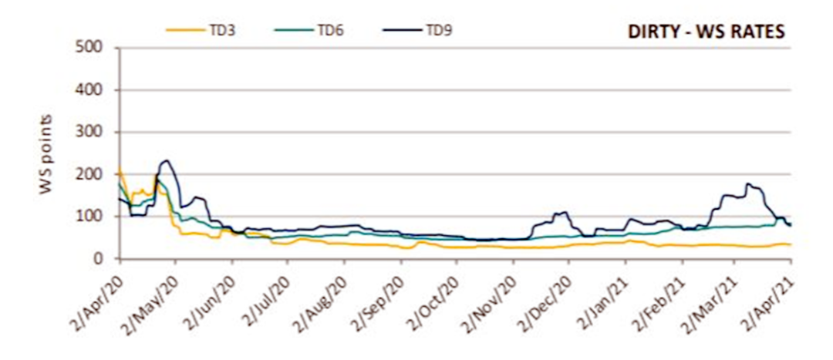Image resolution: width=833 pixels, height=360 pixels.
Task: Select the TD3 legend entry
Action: click(x=224, y=30)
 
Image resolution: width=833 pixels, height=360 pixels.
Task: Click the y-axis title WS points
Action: click(x=47, y=154)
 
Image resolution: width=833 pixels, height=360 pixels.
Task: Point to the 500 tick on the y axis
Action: click(x=94, y=49)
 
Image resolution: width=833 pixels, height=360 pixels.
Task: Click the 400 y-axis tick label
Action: click(x=94, y=91)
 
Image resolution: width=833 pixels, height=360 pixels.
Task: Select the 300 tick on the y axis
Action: click(x=94, y=133)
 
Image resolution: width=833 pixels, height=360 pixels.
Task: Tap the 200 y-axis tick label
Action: click(x=94, y=175)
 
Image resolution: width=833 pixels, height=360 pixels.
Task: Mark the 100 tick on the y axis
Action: click(x=94, y=217)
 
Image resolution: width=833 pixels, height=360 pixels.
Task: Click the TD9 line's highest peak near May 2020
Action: click(x=166, y=160)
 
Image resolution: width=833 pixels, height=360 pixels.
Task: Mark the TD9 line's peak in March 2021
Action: click(x=748, y=183)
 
